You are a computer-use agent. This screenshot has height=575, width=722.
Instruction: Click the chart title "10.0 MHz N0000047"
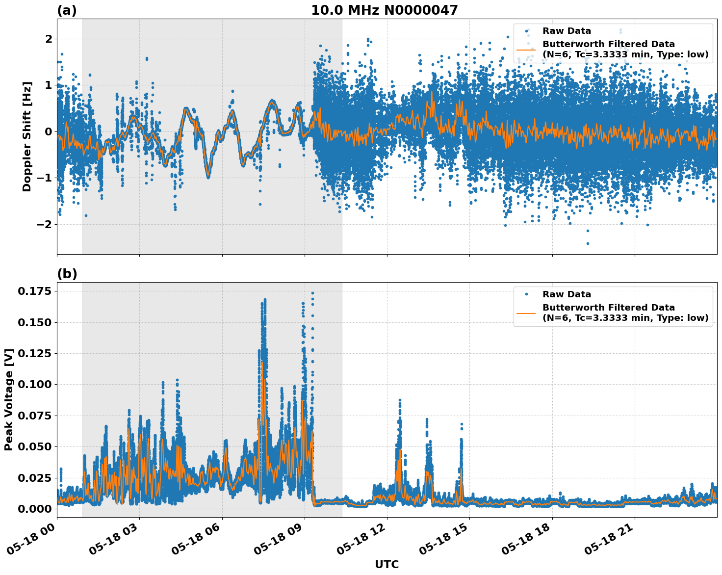(x=384, y=10)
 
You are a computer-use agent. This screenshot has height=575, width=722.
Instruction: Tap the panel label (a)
(x=67, y=10)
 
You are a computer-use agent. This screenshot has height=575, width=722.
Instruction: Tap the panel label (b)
(x=67, y=274)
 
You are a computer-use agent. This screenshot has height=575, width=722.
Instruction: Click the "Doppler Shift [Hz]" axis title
(x=27, y=136)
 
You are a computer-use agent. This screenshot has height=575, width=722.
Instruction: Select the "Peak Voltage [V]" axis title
(x=9, y=399)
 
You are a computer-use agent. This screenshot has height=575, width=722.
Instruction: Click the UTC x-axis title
(x=387, y=564)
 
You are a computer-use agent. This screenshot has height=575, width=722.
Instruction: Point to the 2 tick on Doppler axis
(x=49, y=39)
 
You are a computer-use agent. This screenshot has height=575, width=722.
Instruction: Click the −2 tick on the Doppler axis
(x=45, y=224)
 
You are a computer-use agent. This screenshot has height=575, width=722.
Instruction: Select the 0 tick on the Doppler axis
(x=49, y=131)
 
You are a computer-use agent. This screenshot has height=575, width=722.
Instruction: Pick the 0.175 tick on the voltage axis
(x=35, y=291)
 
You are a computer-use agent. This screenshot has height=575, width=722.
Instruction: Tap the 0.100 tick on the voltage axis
(x=35, y=384)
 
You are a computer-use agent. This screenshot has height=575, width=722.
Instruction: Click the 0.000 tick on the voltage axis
(x=35, y=509)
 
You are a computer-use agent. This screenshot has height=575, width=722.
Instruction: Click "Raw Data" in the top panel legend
(x=567, y=31)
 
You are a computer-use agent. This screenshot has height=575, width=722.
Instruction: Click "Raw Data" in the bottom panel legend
(x=567, y=294)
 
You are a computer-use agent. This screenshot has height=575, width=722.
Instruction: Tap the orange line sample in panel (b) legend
(x=526, y=313)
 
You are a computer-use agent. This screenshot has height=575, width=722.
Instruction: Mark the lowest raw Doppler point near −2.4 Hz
(x=588, y=243)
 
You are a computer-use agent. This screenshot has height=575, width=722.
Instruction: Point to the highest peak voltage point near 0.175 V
(x=312, y=293)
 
